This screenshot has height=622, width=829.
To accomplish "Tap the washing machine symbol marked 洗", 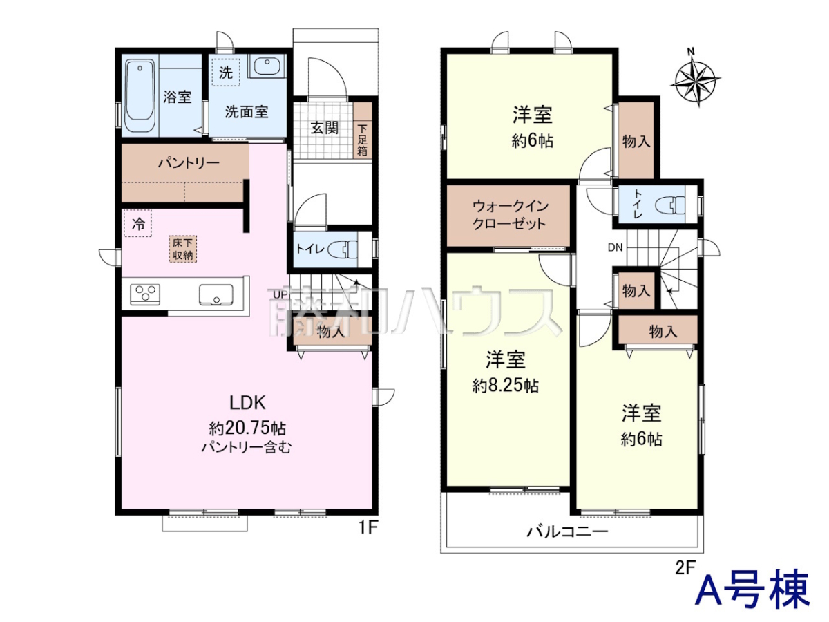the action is point(225,72).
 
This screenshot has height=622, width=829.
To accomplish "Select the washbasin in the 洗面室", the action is point(267,66).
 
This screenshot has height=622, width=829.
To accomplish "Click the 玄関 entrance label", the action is point(325,129).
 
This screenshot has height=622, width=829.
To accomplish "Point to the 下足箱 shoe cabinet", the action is point(363,131).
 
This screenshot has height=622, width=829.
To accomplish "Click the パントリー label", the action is point(189,163).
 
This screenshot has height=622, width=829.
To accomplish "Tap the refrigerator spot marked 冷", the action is point(138,223).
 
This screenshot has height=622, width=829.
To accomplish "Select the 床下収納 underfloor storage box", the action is point(183,249).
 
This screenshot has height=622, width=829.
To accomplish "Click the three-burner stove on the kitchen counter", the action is point(144,294).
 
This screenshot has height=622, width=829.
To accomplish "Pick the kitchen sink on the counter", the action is point(216,294).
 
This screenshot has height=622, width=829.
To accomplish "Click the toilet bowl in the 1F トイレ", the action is point(342,249).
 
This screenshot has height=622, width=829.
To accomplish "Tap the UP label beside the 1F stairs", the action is point(280,294).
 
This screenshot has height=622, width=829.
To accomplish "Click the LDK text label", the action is point(248,403).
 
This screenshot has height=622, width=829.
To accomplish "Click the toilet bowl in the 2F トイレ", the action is point(670,206).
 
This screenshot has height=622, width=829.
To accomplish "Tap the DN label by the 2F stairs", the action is point(616,247).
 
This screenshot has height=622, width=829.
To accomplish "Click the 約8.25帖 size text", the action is point(505,386).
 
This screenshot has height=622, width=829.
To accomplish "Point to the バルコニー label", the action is point(567,531).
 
